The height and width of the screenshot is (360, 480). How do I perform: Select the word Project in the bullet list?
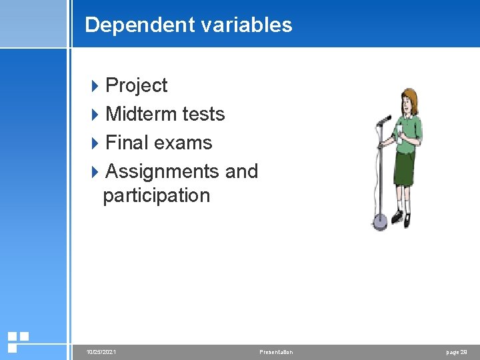pyautogui.click(x=137, y=85)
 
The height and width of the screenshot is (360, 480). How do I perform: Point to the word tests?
pyautogui.click(x=203, y=114)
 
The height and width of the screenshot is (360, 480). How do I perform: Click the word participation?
pyautogui.click(x=157, y=195)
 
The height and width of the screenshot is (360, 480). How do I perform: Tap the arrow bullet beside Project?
pyautogui.click(x=95, y=85)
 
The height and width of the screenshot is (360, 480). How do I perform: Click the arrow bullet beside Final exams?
pyautogui.click(x=95, y=143)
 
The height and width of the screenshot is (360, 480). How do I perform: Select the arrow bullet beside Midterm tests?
pyautogui.click(x=95, y=114)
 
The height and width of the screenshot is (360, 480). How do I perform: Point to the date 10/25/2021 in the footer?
pyautogui.click(x=101, y=351)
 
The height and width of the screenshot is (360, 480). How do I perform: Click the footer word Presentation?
pyautogui.click(x=276, y=351)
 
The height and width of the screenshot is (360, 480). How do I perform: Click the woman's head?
pyautogui.click(x=408, y=101)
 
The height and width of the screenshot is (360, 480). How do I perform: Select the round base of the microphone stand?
pyautogui.click(x=379, y=223)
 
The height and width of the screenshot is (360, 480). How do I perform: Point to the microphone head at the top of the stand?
pyautogui.click(x=384, y=121)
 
